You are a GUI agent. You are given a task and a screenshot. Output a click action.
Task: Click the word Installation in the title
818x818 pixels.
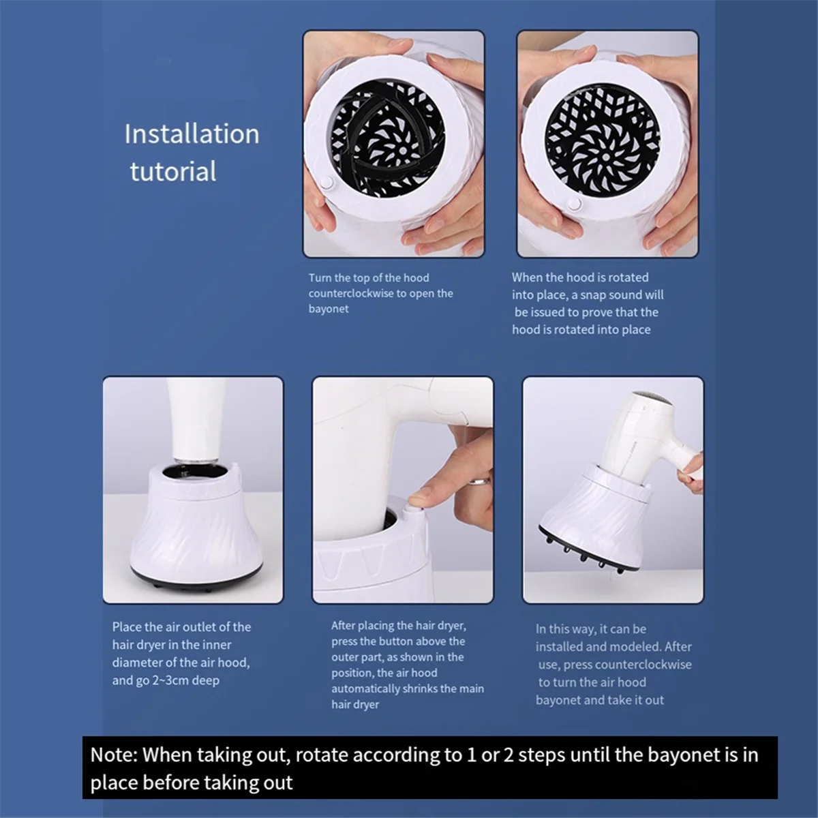point(192,134)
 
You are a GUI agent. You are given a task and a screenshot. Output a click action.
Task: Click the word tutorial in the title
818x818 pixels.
point(173,171)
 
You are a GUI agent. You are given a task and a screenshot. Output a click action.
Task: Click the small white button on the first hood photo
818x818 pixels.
point(325,183)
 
